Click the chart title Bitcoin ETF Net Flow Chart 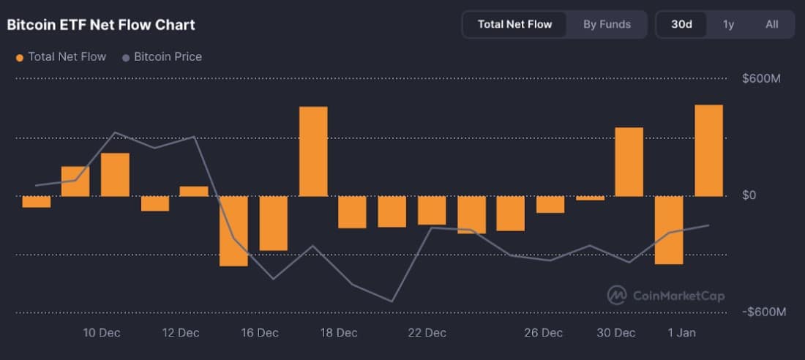click(101, 25)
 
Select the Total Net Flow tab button click(514, 24)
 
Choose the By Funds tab click(607, 24)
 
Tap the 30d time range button click(681, 24)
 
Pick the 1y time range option click(728, 24)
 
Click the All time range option click(771, 24)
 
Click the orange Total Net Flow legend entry click(61, 56)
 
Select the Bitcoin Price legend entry click(162, 56)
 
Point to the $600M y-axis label click(761, 78)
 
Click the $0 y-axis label click(749, 195)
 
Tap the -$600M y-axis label click(764, 312)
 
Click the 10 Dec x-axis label click(102, 333)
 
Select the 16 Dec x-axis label click(260, 333)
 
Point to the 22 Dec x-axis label click(427, 333)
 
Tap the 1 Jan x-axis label click(681, 333)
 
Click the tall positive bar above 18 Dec click(313, 151)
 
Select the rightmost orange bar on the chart click(708, 151)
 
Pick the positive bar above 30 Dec click(629, 162)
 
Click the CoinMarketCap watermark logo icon click(617, 295)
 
